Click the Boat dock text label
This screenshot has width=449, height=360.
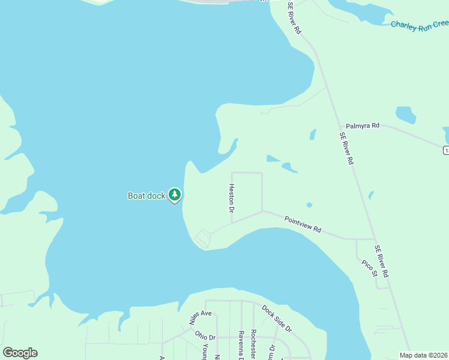pyautogui.click(x=146, y=196)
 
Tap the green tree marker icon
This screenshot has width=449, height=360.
pyautogui.click(x=175, y=194)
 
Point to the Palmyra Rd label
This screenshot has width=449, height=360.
pyautogui.click(x=363, y=126)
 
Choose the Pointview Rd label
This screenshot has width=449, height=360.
pyautogui.click(x=303, y=225)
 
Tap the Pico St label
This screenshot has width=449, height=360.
pyautogui.click(x=369, y=268)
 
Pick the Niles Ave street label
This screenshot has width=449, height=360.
pyautogui.click(x=201, y=317)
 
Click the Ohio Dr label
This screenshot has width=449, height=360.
pyautogui.click(x=205, y=335)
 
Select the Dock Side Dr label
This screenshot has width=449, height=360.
pyautogui.click(x=276, y=319)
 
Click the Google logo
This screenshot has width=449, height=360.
pyautogui.click(x=20, y=353)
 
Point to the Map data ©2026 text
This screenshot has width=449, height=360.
pyautogui.click(x=424, y=355)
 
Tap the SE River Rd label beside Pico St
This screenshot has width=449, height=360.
pyautogui.click(x=382, y=260)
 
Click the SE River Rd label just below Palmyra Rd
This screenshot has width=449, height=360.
pyautogui.click(x=346, y=148)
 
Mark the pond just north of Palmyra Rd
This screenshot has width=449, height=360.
pyautogui.click(x=406, y=114)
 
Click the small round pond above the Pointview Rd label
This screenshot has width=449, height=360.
pyautogui.click(x=309, y=205)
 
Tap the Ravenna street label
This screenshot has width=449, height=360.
pyautogui.click(x=241, y=345)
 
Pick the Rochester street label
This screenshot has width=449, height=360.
pyautogui.click(x=254, y=344)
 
